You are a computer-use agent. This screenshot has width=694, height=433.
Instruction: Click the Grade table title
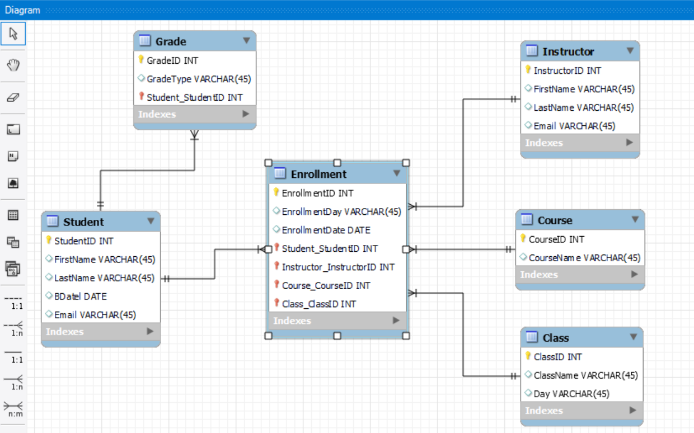[x=171, y=41]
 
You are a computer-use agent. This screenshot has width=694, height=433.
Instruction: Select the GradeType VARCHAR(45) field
[x=199, y=79]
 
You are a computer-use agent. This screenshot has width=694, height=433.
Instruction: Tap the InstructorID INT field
[x=567, y=70]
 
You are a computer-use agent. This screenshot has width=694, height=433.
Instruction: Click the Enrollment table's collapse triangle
[x=396, y=173]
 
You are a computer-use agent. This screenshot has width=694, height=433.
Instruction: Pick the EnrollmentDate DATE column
[x=326, y=230]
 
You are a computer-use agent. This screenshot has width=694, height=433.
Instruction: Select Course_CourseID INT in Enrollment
[x=326, y=285]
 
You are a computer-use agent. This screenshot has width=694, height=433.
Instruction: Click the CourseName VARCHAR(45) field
[x=584, y=258]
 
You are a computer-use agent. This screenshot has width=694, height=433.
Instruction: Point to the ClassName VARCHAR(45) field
[x=585, y=375]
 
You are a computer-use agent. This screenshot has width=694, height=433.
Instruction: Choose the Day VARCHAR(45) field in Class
[x=571, y=394]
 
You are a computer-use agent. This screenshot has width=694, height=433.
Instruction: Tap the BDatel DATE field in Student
[x=80, y=296]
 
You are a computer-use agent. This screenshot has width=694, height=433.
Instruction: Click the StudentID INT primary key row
[x=83, y=241]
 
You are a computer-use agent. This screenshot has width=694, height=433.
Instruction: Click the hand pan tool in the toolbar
[x=13, y=65]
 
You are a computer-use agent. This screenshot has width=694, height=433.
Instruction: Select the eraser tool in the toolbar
[x=13, y=97]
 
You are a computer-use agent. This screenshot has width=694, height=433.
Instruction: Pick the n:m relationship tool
[x=13, y=409]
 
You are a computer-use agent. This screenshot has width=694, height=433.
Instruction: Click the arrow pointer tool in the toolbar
[x=13, y=34]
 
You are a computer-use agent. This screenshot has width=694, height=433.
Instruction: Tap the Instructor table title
[x=568, y=51]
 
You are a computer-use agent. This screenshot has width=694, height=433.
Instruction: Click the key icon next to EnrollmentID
[x=276, y=192]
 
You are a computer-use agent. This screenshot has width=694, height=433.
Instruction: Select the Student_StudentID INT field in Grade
[x=194, y=97]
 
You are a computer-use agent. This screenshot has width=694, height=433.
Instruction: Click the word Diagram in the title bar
[x=22, y=10]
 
